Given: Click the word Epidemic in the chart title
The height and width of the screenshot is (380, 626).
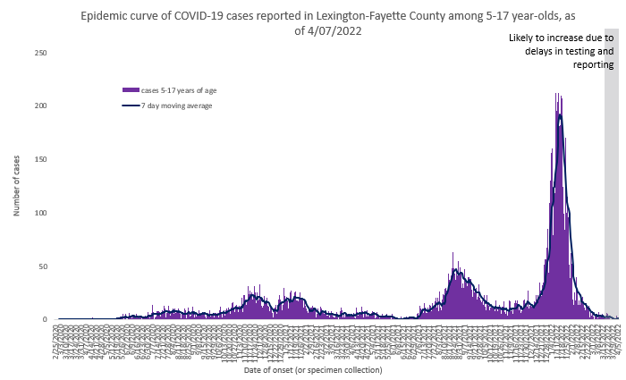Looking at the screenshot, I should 106,16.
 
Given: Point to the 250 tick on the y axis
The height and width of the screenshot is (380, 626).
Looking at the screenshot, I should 41,53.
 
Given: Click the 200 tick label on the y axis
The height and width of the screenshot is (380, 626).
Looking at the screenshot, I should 41,106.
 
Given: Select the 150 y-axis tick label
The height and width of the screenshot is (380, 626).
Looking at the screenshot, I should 41,159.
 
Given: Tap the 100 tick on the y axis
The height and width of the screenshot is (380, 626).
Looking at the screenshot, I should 41,213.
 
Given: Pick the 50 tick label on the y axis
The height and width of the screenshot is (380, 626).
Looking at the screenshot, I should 43,266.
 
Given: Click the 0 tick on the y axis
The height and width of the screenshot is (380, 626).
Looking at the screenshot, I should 45,319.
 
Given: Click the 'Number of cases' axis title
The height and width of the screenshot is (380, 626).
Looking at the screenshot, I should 16,186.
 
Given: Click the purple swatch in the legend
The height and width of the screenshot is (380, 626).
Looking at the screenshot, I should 131,90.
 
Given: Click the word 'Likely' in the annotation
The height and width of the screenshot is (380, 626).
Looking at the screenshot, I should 523,38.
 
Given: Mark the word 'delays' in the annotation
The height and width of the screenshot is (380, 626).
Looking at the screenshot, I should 541,51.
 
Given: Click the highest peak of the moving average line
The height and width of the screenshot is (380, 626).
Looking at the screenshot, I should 560,114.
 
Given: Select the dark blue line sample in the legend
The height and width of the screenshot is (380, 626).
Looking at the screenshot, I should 131,106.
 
